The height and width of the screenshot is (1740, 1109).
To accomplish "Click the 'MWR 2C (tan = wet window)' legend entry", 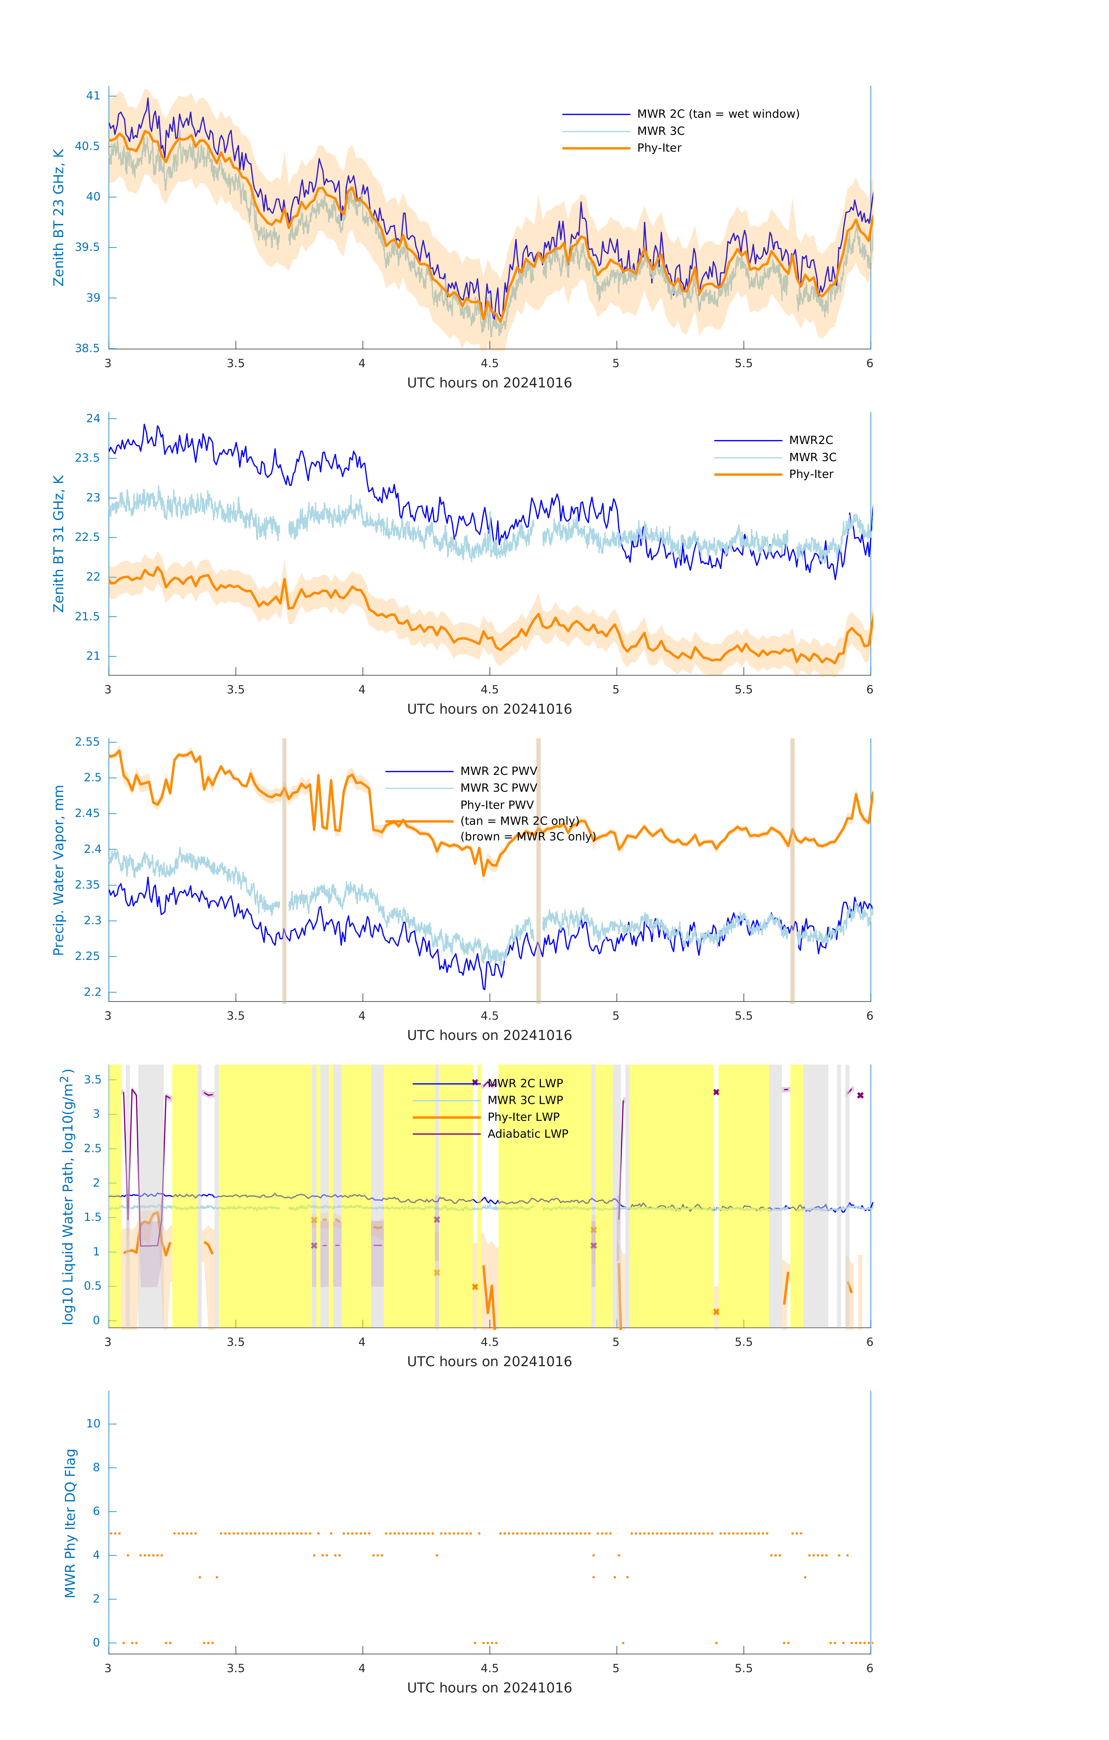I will [x=717, y=114].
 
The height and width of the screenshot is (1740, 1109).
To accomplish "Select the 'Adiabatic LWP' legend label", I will [x=527, y=1134].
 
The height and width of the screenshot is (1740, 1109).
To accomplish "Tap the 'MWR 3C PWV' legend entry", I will [x=498, y=788].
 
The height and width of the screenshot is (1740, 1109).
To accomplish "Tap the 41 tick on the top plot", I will [x=93, y=95].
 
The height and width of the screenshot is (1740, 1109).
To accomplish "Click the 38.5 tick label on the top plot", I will [x=88, y=348].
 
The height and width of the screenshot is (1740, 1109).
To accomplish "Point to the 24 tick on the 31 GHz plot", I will [x=93, y=418].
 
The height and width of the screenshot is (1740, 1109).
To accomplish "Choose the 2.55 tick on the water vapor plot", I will [x=88, y=742].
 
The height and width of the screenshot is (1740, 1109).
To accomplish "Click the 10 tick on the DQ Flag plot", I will [x=93, y=1424].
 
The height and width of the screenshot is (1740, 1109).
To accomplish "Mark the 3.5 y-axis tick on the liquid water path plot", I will [x=92, y=1080].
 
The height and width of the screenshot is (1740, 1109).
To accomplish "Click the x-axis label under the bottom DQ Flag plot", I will [x=489, y=1688].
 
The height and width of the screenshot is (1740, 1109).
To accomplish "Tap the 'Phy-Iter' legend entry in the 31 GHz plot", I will [x=811, y=474].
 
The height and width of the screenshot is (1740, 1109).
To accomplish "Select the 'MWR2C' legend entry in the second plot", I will [x=811, y=440].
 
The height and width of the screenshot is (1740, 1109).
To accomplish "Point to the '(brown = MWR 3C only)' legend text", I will [x=527, y=837].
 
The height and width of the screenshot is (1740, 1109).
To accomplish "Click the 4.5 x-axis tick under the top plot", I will [x=489, y=363].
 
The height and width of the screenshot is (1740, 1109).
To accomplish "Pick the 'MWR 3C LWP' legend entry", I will [x=524, y=1100].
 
